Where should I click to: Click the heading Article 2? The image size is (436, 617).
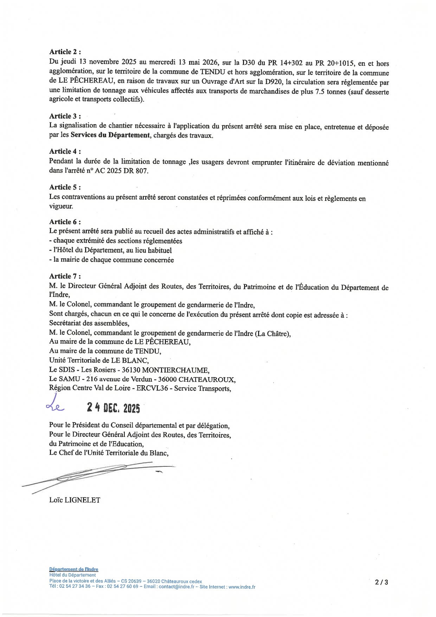65,52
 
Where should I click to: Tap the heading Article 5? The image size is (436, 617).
65,187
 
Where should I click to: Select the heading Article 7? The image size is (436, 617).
65,276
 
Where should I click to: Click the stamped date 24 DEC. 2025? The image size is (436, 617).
114,408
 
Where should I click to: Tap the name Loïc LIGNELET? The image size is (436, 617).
75,500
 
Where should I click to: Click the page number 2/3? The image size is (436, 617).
381,582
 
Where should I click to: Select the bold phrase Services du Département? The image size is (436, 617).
110,135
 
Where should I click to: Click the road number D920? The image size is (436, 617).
273,82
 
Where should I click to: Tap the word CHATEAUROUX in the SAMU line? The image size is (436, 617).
207,380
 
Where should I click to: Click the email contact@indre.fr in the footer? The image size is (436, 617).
177,587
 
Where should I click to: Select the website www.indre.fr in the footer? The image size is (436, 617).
242,587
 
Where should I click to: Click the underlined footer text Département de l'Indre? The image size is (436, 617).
74,570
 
